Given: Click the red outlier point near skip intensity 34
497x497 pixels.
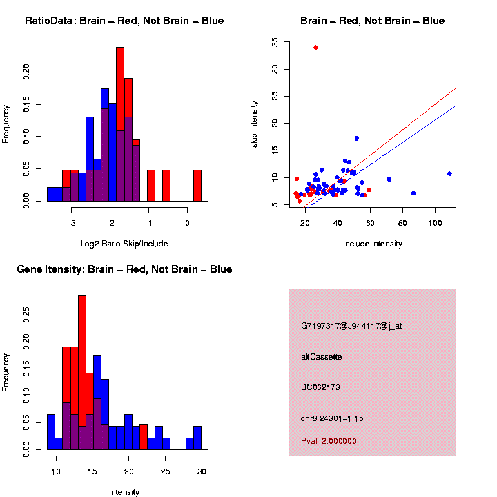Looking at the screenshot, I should pyautogui.click(x=315, y=47).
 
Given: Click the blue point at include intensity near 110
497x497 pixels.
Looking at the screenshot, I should pyautogui.click(x=449, y=174).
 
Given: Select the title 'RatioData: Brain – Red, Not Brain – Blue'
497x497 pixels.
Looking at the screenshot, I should pyautogui.click(x=124, y=21).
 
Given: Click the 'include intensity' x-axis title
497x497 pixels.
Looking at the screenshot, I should pyautogui.click(x=373, y=244).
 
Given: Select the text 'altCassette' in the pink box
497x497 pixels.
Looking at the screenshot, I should pyautogui.click(x=322, y=357).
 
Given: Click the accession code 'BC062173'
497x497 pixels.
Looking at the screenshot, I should pyautogui.click(x=321, y=387).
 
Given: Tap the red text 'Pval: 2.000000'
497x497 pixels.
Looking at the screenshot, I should pyautogui.click(x=329, y=440).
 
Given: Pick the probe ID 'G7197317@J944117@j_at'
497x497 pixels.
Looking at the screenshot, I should pyautogui.click(x=351, y=326).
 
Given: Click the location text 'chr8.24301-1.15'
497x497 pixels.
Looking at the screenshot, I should pyautogui.click(x=333, y=418).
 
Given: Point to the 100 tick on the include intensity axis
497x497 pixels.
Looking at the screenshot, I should pyautogui.click(x=435, y=224).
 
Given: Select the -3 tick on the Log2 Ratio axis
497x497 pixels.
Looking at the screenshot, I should pyautogui.click(x=72, y=223).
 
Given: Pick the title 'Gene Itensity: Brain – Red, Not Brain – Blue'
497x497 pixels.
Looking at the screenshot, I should pyautogui.click(x=124, y=269).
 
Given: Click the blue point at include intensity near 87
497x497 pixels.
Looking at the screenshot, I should pyautogui.click(x=413, y=193).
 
